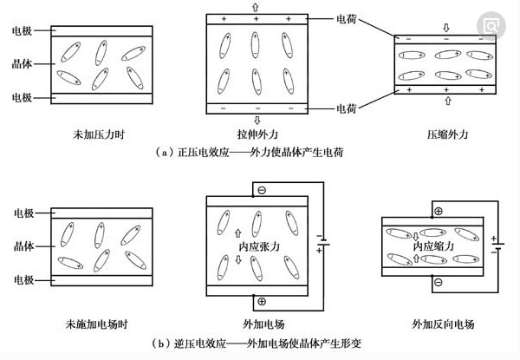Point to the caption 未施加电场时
(100, 324)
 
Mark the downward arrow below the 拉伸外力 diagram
(256, 120)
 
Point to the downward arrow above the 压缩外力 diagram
(446, 27)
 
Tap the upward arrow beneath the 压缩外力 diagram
(446, 101)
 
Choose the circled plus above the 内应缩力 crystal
(438, 211)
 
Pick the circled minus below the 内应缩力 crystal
(438, 281)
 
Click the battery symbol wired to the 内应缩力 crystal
(495, 245)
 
